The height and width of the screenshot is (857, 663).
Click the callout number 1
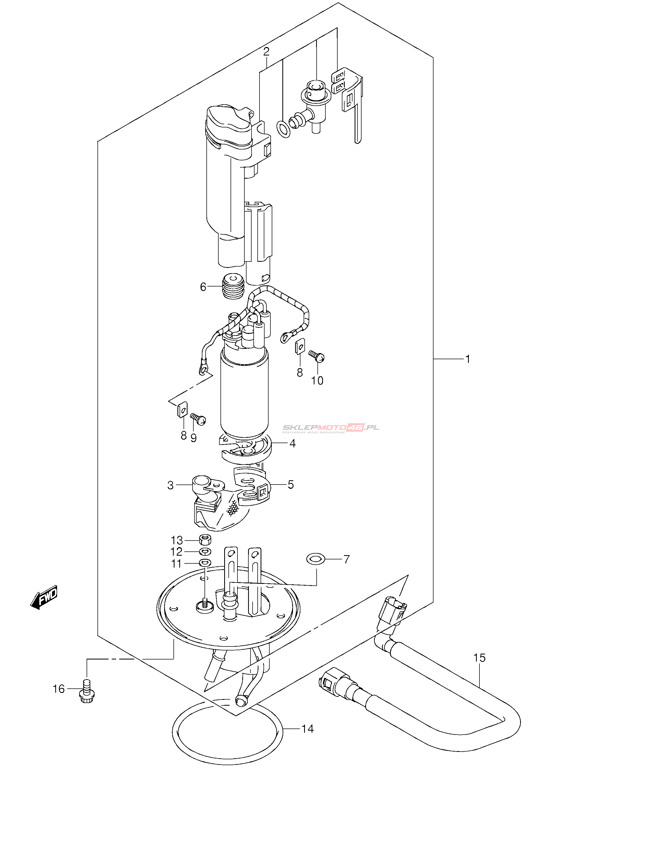(x=467, y=359)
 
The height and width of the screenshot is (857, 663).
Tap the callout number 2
(x=266, y=52)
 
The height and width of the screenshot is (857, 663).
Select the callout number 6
(x=203, y=287)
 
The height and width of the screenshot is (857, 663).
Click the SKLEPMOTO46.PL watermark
(x=331, y=428)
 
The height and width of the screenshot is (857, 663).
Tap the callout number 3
(x=170, y=485)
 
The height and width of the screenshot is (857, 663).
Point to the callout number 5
(x=291, y=485)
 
